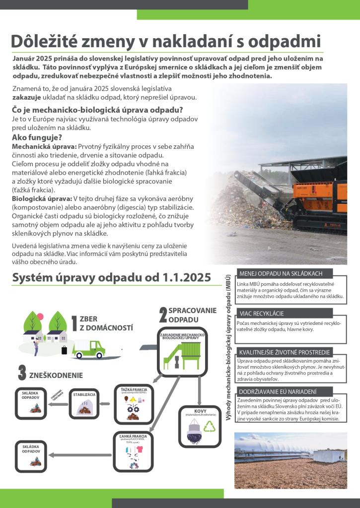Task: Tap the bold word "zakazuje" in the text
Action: point(26,97)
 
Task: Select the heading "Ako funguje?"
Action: point(36,137)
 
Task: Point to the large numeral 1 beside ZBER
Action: point(74,323)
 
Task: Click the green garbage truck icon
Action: point(89,349)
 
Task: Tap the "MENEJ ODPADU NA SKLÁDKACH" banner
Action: point(281,273)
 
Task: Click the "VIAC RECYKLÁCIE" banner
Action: point(261,314)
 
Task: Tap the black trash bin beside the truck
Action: point(64,350)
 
